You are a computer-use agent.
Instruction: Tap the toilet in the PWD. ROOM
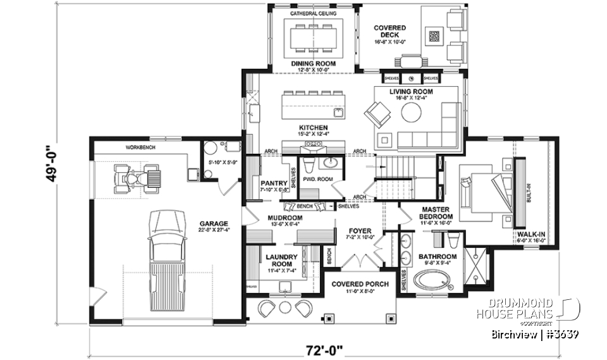(x=310, y=166)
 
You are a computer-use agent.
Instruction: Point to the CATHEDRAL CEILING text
(x=313, y=13)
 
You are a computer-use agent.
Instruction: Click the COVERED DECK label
(x=389, y=32)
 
